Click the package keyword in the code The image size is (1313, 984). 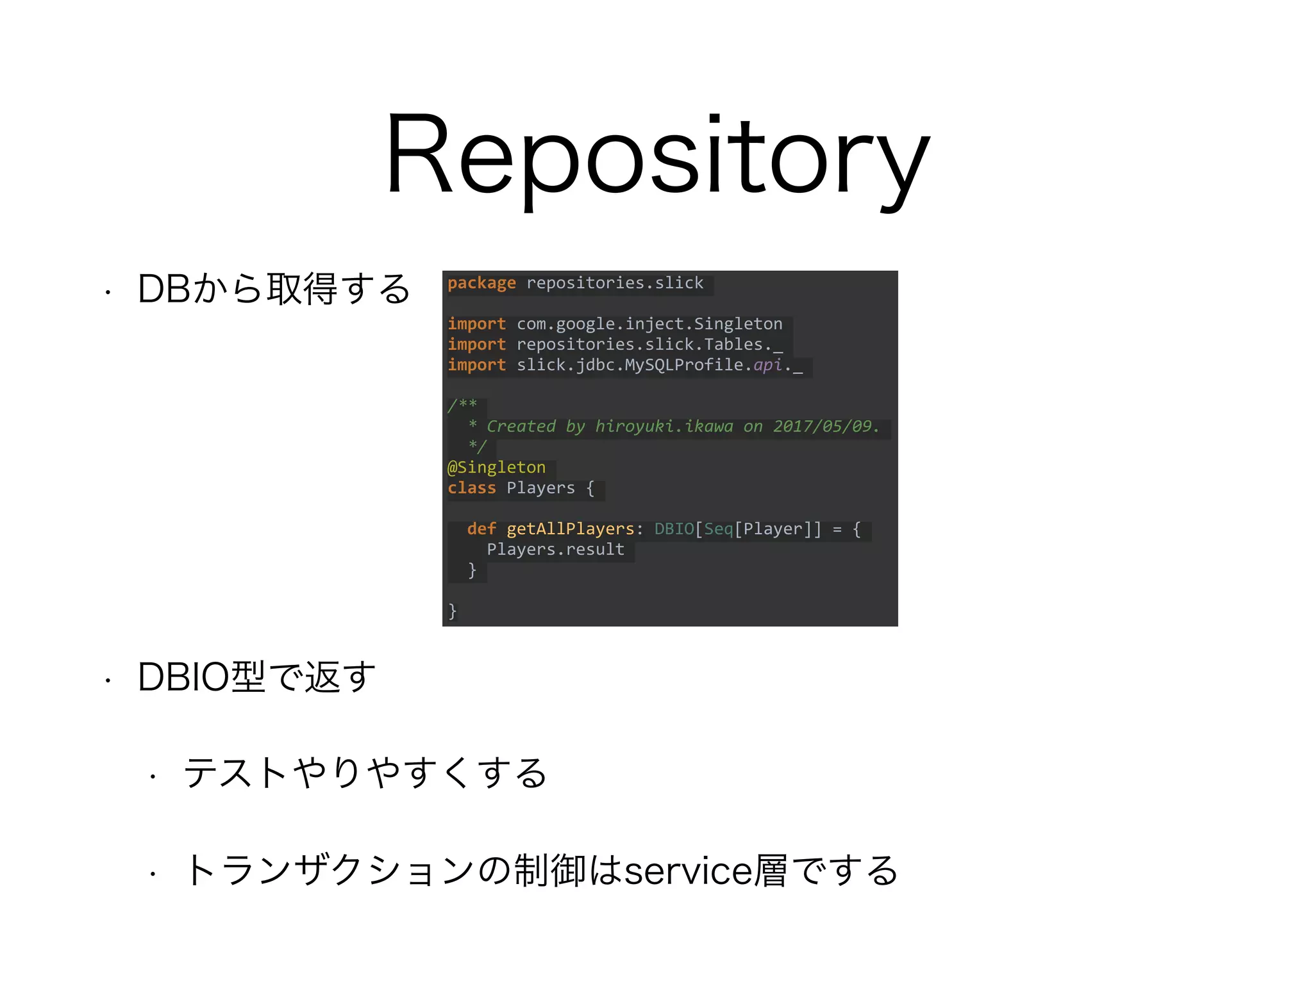click(x=481, y=283)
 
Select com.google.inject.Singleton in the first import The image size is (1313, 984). click(x=649, y=324)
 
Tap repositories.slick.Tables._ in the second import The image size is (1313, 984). click(x=649, y=345)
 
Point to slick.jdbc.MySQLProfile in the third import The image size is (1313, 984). click(x=630, y=365)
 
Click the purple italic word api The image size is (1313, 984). click(x=767, y=365)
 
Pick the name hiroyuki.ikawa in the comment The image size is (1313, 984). click(x=664, y=427)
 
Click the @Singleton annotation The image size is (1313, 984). click(x=497, y=468)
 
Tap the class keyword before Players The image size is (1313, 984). click(x=472, y=488)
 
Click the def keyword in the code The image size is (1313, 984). click(x=481, y=529)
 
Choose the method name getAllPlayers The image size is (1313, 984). click(x=570, y=529)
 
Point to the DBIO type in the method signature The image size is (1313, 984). click(x=674, y=529)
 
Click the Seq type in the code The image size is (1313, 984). click(x=718, y=529)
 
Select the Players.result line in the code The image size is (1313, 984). click(x=555, y=550)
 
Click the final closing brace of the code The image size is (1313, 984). click(x=453, y=611)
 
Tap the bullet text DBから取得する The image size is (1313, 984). click(x=274, y=289)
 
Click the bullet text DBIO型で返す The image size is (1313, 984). click(x=256, y=677)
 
